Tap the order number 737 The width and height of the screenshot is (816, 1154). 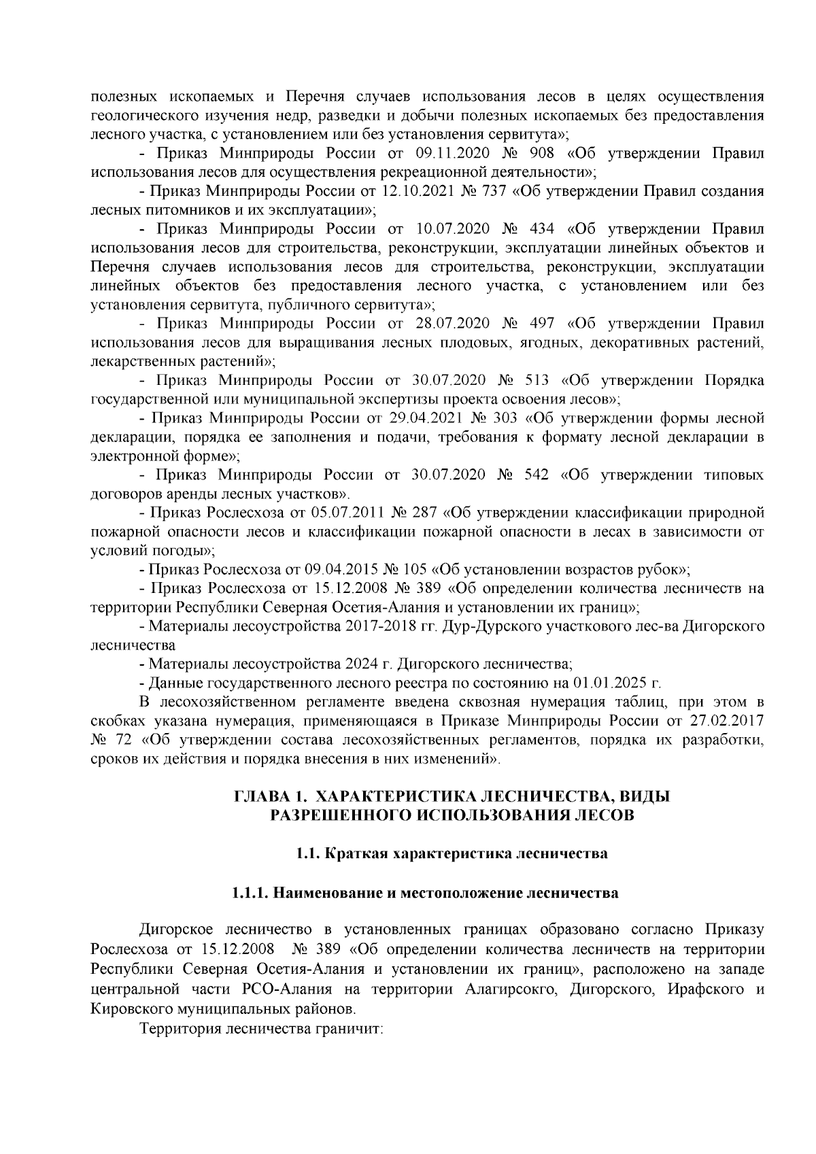[490, 192]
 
